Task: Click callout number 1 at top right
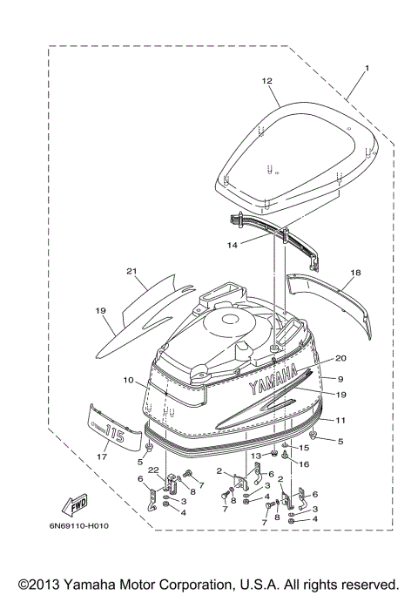pos(367,68)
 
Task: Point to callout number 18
pos(355,273)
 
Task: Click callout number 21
pos(131,271)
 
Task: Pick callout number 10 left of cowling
pos(128,381)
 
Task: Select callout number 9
pos(341,379)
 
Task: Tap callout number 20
pos(340,358)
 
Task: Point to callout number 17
pos(101,454)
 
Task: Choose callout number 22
pos(153,471)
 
